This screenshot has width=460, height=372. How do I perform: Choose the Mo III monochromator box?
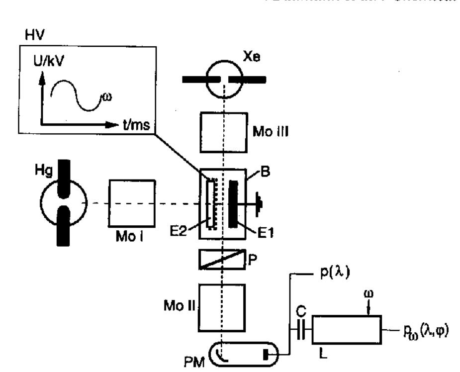223,133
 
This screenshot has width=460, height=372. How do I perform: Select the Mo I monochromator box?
133,203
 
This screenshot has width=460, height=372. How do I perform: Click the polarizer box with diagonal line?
222,259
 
